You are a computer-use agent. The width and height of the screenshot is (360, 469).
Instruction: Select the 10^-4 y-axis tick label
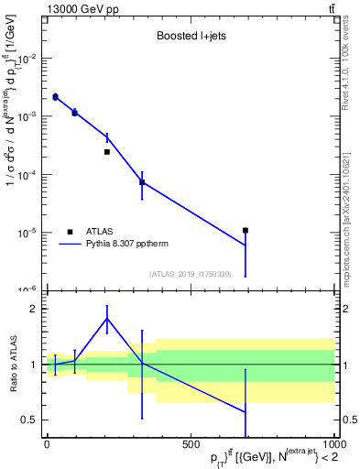pos(28,174)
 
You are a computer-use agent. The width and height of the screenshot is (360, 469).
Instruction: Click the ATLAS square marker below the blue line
pos(107,152)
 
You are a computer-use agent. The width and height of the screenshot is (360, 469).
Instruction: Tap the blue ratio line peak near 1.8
pos(107,318)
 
